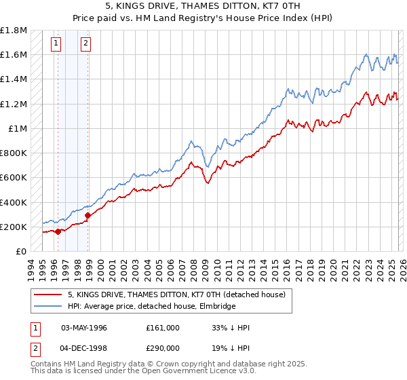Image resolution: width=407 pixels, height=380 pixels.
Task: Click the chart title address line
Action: (x=203, y=7)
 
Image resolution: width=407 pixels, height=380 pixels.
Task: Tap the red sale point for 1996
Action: (x=58, y=231)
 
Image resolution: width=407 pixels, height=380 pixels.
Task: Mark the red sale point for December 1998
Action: (x=88, y=216)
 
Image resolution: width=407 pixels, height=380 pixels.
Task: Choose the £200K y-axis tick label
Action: (x=14, y=227)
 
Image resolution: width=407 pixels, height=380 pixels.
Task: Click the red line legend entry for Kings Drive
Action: (x=179, y=294)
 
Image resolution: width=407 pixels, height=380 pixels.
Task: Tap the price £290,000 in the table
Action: (x=163, y=347)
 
